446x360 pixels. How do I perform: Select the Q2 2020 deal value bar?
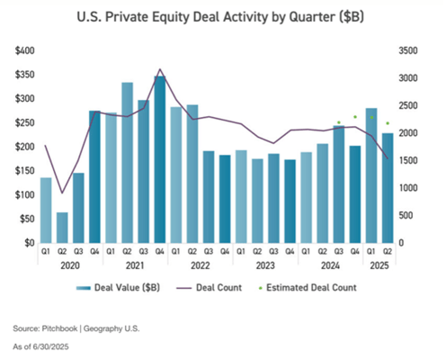(62, 227)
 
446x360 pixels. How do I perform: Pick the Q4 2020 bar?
(94, 176)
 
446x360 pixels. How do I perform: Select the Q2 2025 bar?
(387, 187)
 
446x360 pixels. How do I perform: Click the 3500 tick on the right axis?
(407, 49)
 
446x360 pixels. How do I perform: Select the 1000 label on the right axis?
(407, 187)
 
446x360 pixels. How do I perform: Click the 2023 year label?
(265, 266)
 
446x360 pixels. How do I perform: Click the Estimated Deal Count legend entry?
(316, 288)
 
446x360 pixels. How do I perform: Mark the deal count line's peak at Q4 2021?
(160, 69)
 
